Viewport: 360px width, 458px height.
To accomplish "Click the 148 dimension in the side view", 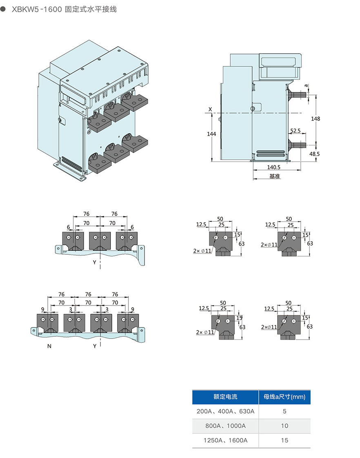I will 316,118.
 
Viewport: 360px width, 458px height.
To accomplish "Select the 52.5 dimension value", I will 296,131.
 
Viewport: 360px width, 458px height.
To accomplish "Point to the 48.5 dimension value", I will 315,154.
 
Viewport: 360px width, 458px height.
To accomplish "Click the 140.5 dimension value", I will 274,167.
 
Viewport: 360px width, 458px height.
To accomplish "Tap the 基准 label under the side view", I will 274,176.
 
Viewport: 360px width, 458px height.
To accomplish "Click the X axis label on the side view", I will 210,109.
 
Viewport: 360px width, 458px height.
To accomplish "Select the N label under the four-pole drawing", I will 49,346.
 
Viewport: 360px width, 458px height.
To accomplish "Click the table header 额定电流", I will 225,396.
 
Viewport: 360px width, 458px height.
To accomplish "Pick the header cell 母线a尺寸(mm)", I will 284,396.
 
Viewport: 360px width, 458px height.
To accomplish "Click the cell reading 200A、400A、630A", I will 225,411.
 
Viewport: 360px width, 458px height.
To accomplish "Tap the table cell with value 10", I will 284,426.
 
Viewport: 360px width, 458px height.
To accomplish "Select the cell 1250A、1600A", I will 225,440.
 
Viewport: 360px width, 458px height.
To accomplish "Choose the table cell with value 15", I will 284,440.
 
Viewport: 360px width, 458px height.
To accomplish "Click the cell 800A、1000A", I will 225,426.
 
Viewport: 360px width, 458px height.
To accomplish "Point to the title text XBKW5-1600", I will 37,9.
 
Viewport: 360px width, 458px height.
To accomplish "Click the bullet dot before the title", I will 4,9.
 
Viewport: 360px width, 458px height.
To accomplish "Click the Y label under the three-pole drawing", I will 94,262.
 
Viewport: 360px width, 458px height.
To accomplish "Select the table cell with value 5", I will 284,411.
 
